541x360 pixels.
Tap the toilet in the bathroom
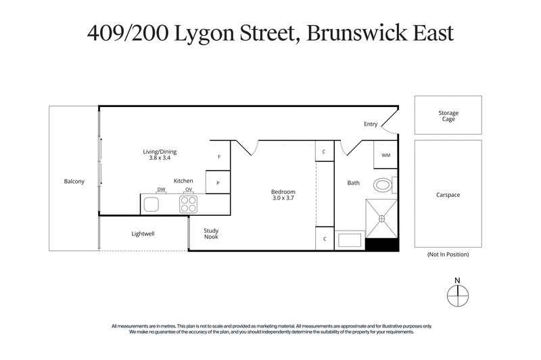(383, 184)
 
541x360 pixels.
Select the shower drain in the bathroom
(381, 218)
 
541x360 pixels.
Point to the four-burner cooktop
(189, 204)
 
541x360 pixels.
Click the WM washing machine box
(385, 155)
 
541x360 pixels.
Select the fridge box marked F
(220, 156)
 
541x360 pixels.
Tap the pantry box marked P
(220, 183)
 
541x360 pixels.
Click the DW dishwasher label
(161, 189)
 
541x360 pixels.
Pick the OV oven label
(189, 189)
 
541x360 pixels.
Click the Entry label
(371, 124)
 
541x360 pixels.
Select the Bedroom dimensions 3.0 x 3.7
(283, 199)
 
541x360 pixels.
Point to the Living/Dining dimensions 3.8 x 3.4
(160, 158)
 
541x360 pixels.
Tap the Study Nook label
(212, 234)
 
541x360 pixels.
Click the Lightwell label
(144, 234)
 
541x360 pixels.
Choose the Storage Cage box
(448, 116)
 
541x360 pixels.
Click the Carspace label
(448, 195)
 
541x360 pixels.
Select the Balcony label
(74, 181)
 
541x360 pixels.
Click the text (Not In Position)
(448, 254)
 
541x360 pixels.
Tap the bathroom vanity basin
(350, 240)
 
